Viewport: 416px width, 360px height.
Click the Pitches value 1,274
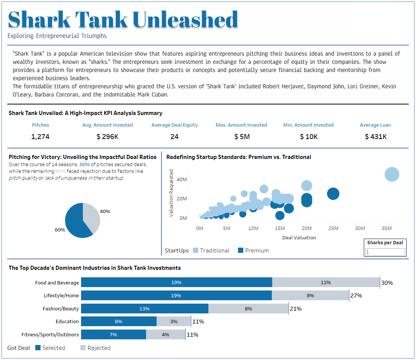tap(40, 137)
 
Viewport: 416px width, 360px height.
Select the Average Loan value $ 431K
tap(375, 137)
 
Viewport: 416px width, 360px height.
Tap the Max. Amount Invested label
tap(241, 125)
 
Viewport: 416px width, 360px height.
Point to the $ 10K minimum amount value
tap(309, 137)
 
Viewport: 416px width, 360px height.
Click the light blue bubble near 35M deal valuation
tap(392, 174)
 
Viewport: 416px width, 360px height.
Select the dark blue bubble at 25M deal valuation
tap(333, 194)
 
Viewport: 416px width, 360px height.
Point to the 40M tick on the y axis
tap(182, 180)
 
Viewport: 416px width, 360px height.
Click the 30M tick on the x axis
tap(360, 228)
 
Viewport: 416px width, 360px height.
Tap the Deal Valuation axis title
tap(299, 237)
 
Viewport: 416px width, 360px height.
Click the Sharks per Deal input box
tap(385, 252)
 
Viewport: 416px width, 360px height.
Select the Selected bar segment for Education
tap(119, 321)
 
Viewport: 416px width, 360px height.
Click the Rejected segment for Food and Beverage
tap(326, 283)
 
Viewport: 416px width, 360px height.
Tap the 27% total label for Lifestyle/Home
tap(356, 296)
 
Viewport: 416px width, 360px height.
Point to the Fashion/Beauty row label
tap(60, 309)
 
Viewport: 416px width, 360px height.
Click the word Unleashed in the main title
tap(185, 20)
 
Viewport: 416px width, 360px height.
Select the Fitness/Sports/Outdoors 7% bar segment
tap(113, 334)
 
